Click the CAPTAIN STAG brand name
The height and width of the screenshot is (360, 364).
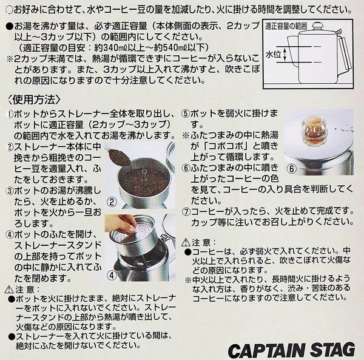[291, 350]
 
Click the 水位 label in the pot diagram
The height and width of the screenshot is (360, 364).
[273, 55]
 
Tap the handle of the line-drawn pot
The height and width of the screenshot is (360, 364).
[343, 55]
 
